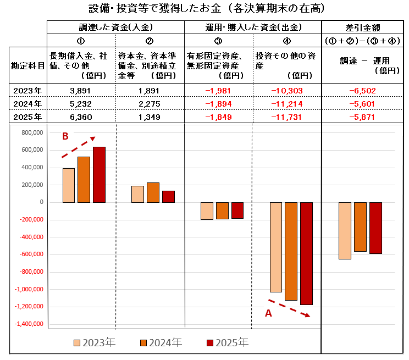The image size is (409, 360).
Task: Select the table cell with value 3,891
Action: pos(80,91)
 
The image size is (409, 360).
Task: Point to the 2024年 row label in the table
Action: pos(29,104)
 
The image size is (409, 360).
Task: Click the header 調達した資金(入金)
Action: pos(115,27)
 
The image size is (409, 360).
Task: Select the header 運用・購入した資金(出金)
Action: pos(252,27)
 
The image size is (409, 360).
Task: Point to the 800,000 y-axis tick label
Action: pos(31,132)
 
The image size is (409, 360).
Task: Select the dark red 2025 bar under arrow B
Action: pos(99,174)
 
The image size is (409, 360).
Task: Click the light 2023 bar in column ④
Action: pos(276,247)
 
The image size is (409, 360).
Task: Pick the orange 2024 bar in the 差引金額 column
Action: pos(360,226)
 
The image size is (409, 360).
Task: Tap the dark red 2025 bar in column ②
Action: pos(168,197)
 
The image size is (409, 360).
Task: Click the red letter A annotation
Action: pos(268,313)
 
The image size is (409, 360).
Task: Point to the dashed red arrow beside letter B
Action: pos(79,147)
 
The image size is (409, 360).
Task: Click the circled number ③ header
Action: pos(218,41)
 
